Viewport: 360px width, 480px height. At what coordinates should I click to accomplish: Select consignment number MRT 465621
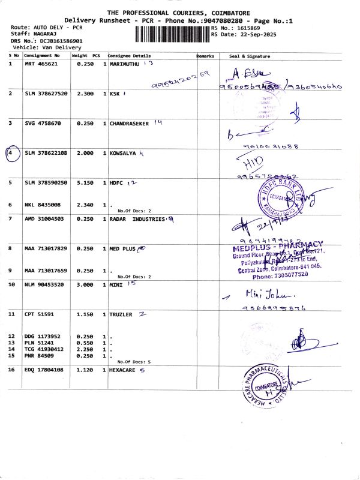[41, 64]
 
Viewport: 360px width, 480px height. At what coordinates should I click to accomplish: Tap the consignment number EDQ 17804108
[44, 370]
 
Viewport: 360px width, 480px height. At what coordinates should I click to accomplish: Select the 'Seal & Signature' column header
[250, 56]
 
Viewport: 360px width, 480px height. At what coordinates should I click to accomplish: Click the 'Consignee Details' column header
[128, 56]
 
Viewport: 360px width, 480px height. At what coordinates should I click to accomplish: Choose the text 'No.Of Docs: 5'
[134, 362]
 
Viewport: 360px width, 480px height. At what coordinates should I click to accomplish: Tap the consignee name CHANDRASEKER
[130, 123]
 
